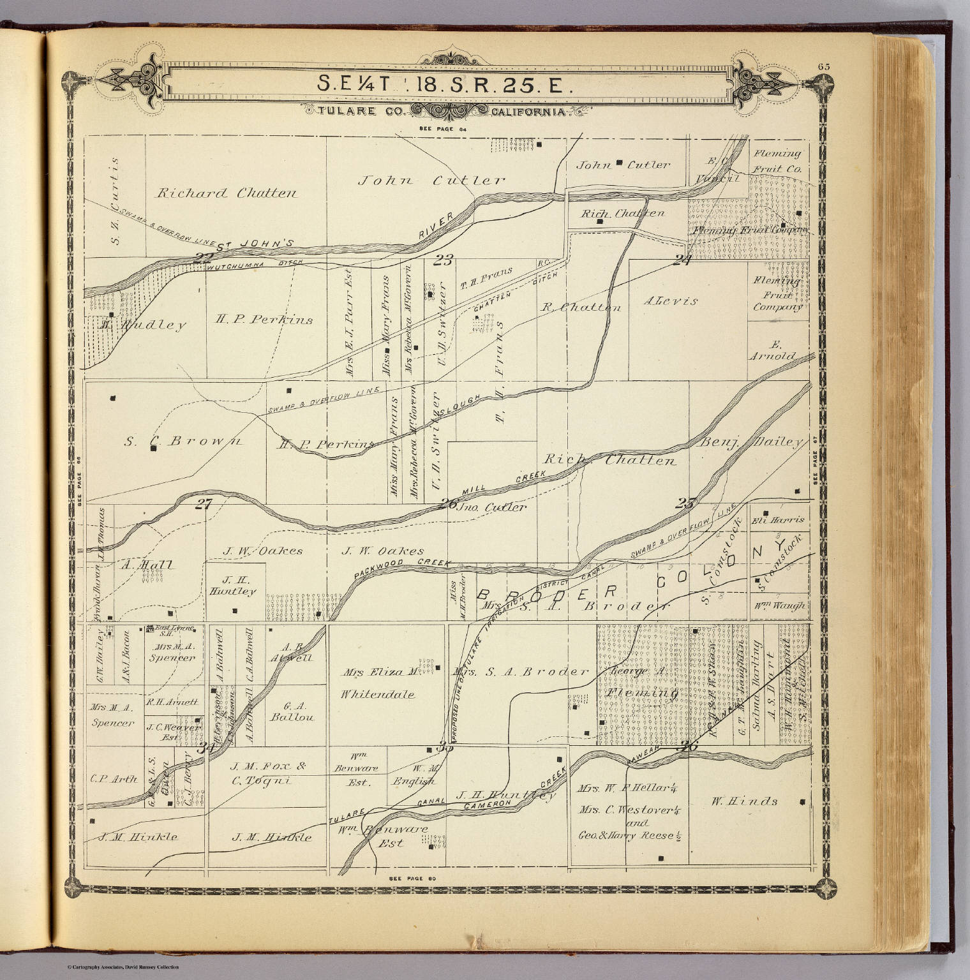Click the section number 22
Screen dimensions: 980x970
pos(203,258)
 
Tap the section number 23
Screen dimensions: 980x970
pos(443,259)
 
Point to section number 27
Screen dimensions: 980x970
pos(203,504)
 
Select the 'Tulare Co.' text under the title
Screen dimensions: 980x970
pos(348,112)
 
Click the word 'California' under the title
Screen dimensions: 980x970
pos(529,112)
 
